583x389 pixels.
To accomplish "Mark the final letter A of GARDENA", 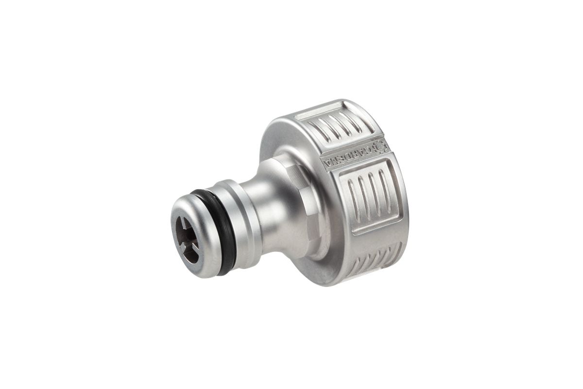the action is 326,163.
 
